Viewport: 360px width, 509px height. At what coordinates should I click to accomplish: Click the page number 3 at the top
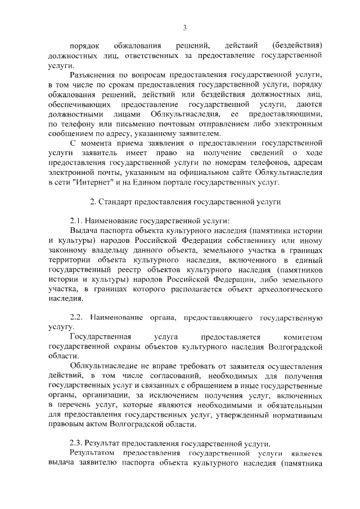[x=184, y=27]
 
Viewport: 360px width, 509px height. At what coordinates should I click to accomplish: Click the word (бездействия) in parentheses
[x=296, y=45]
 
